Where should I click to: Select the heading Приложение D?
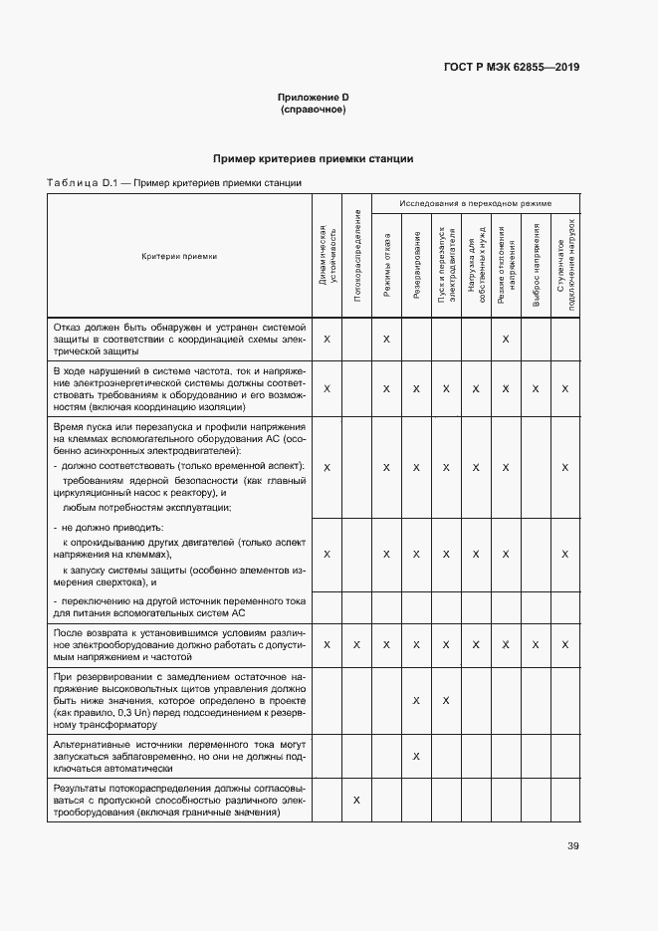314,97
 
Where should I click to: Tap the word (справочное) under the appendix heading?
314,110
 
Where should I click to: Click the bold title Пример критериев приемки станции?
314,159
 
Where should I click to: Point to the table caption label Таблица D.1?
83,183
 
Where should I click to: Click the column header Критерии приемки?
179,256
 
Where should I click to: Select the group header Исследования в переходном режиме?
476,203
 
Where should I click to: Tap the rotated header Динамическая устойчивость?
327,256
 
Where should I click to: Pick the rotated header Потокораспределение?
356,256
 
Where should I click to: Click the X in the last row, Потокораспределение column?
356,801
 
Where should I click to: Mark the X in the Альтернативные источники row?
416,757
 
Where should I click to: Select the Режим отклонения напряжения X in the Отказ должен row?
506,340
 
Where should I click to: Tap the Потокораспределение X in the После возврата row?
356,645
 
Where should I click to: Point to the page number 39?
572,846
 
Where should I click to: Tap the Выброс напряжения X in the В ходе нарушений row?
536,388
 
